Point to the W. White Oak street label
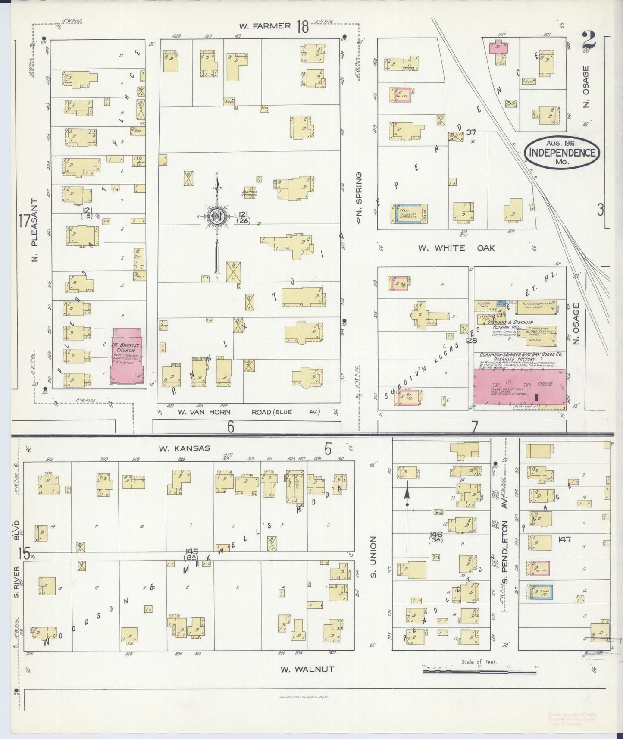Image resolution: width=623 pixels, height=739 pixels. coord(456,248)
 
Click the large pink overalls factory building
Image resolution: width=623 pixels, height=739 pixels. coord(520,387)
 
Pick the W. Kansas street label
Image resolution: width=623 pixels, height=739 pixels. coord(185,448)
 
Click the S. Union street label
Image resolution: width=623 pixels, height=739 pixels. coord(374,557)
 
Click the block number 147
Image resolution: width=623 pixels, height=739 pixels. coord(565,539)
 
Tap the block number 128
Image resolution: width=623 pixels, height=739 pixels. coord(471,341)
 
